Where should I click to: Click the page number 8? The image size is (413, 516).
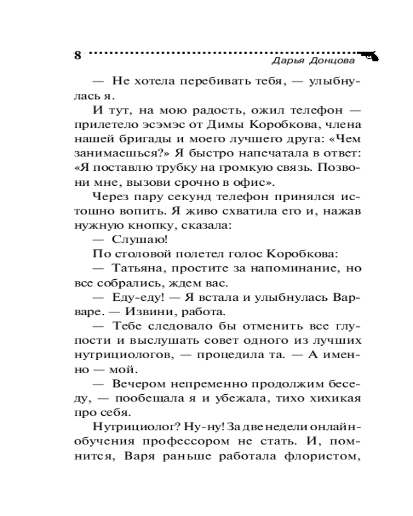(x=77, y=56)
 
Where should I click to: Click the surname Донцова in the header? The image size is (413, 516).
(x=331, y=61)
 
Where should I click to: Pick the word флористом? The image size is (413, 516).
(x=324, y=456)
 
